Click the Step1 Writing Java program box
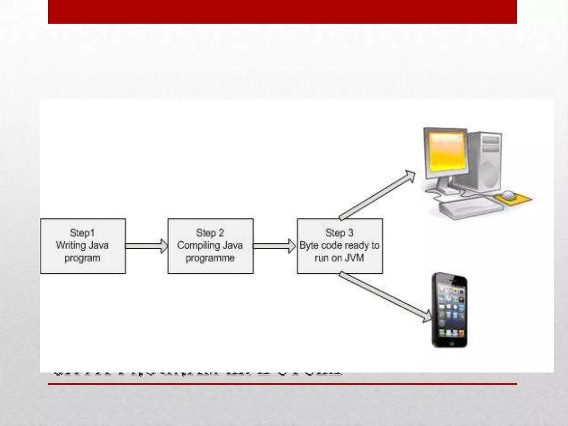[83, 246]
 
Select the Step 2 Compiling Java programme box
[211, 246]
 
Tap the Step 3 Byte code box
[340, 246]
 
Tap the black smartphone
[450, 310]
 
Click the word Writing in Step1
[70, 245]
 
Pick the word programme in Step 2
[210, 258]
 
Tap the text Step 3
[339, 233]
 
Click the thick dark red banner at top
[282, 12]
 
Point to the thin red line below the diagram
[282, 384]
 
